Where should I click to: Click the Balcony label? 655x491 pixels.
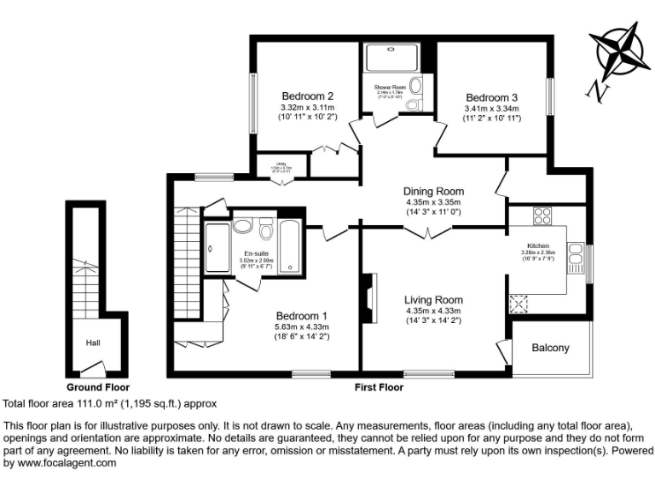(550, 348)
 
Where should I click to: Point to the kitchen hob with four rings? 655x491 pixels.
(542, 217)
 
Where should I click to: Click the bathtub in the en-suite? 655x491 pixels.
(289, 247)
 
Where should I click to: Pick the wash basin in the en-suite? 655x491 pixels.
(242, 226)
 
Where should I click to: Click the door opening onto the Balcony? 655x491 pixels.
(503, 350)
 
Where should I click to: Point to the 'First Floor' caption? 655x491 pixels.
(379, 387)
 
